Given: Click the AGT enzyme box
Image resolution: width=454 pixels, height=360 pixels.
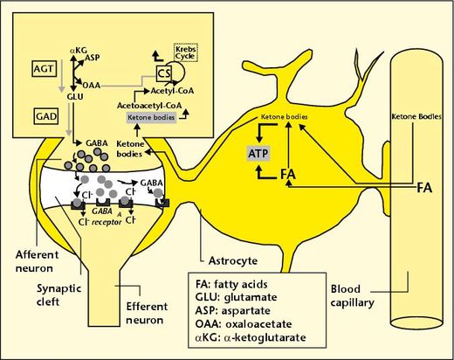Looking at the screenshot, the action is coord(44,69).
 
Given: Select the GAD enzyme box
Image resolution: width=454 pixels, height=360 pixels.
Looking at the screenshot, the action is coord(46,116).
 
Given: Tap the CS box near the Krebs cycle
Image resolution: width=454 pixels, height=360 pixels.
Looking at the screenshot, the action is coord(164,73).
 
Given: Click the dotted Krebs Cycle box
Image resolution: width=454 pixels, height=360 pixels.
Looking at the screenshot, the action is coord(185,52).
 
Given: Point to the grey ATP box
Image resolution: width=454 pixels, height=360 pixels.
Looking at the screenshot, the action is coord(258,154).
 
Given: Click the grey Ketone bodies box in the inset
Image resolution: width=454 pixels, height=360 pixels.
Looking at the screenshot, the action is coord(151,117).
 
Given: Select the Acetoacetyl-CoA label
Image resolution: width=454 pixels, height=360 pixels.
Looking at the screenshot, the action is coord(149,106).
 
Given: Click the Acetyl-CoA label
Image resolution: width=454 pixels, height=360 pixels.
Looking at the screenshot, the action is coord(172,91).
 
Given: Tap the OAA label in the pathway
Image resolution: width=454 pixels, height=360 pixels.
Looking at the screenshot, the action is coord(92,86).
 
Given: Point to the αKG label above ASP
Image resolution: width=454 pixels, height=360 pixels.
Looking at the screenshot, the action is coord(79,51).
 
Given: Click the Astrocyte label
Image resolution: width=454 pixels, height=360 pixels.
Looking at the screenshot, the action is coord(233,260).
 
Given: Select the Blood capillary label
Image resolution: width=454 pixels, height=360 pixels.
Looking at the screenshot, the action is coord(352,296).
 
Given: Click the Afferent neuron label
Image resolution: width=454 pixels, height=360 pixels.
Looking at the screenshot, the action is coord(37,261).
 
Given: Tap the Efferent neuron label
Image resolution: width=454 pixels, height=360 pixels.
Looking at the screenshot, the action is coord(147,313).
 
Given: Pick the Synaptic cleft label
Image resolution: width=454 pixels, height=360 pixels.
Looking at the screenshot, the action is coord(58,294).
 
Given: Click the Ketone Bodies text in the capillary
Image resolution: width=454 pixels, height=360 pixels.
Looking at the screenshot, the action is coord(416,117).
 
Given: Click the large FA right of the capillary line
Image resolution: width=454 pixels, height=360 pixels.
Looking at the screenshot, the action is coord(424,188).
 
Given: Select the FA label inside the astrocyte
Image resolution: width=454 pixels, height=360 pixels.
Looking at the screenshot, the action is coord(288,174).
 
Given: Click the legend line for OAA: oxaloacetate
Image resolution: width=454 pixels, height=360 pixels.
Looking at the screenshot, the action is coord(244,324).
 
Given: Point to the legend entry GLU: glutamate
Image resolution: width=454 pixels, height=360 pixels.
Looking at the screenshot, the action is coord(236,297).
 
